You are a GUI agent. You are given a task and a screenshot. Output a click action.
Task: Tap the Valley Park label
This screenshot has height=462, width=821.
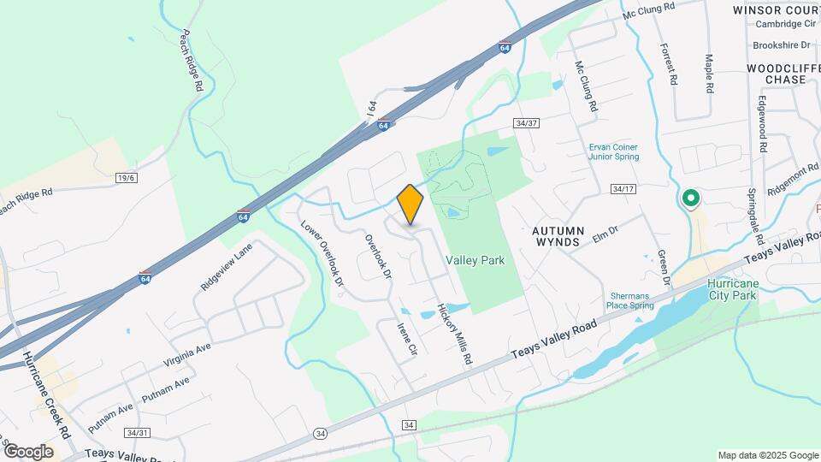pos(475,260)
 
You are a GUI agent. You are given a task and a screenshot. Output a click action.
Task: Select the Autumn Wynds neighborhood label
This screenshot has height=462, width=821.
pos(558,236)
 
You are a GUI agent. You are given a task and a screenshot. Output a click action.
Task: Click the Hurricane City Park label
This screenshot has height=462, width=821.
pos(732,289)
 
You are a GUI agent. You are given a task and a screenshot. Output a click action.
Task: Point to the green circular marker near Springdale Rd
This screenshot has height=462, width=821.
pos(690,199)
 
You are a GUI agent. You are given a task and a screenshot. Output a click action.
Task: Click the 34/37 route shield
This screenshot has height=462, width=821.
pos(526,123)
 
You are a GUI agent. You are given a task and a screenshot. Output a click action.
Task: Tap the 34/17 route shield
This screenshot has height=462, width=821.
pos(624,188)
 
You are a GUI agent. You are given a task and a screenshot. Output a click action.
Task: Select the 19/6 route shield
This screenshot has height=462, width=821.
pos(127,177)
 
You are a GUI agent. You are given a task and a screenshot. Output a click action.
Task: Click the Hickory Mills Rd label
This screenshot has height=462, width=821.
pos(455,334)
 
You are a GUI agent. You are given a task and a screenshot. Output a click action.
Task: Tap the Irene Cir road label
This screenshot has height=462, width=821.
pos(407,339)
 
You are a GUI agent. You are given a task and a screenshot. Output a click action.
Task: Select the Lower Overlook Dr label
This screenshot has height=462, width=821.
pos(322,254)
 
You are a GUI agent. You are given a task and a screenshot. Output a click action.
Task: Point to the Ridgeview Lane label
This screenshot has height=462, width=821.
pos(227,266)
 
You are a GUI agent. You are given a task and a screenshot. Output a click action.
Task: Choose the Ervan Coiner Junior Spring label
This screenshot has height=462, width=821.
pos(620,151)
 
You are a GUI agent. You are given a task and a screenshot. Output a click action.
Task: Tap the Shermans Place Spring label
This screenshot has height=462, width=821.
pos(629,300)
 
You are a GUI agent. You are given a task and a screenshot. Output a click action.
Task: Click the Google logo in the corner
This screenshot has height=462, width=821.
pos(28,451)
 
